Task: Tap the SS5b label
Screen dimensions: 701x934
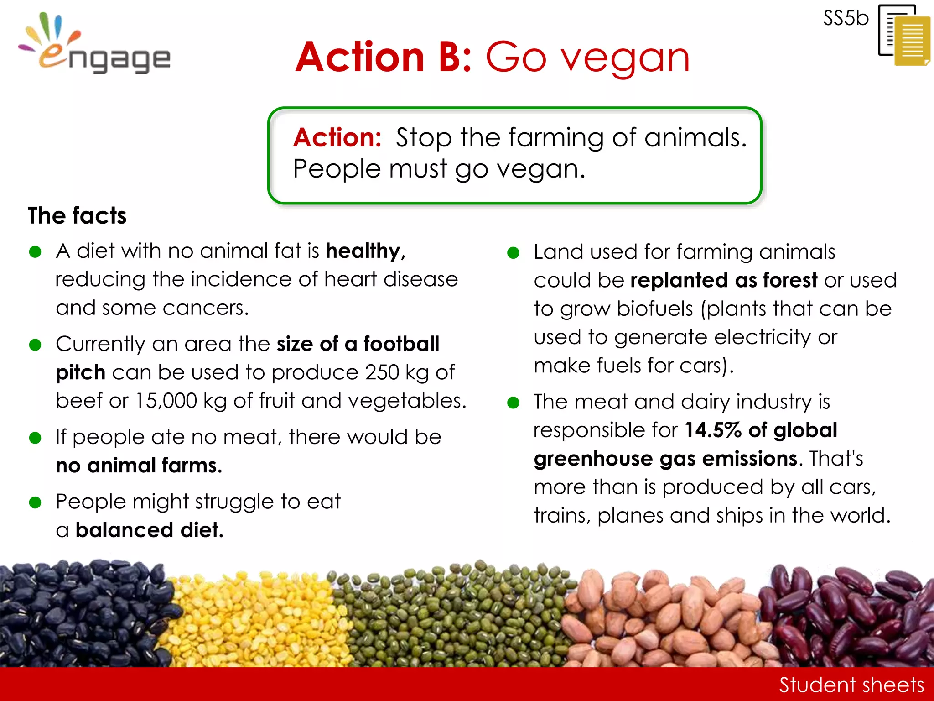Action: click(x=846, y=19)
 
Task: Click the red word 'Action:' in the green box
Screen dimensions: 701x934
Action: click(x=337, y=137)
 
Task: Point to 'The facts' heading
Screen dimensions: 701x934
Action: click(x=77, y=215)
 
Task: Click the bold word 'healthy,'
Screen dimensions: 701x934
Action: click(x=365, y=251)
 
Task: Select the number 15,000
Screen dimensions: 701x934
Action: click(x=166, y=401)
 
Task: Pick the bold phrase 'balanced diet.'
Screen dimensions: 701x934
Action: click(x=149, y=530)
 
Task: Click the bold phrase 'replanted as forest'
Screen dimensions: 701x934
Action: click(x=724, y=280)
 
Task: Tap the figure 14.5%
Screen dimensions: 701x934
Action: click(x=713, y=430)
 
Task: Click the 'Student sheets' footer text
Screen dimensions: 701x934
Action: click(x=851, y=685)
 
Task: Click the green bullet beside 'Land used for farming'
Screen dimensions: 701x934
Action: click(x=514, y=253)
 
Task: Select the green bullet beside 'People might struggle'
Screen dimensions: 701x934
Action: click(x=35, y=502)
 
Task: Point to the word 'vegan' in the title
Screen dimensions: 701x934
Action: click(x=625, y=58)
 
